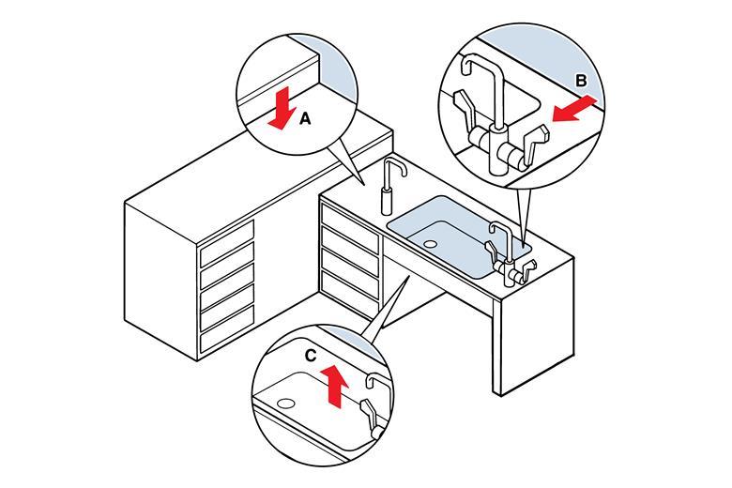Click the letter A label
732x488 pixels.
coord(304,119)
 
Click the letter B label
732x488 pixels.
coord(581,82)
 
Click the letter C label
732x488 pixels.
coord(311,356)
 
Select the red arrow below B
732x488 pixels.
coord(571,111)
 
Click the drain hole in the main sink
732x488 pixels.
coord(430,244)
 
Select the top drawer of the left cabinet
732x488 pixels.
coord(227,235)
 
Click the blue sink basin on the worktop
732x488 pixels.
coord(450,225)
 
